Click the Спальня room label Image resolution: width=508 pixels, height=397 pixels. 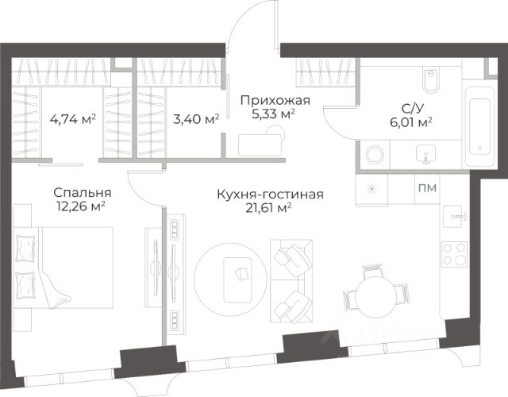pos(82,192)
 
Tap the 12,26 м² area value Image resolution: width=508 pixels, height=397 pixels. pos(82,206)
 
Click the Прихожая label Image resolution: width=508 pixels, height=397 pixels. pos(275,99)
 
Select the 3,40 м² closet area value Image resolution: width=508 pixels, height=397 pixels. pos(196,121)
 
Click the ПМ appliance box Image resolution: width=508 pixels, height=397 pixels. pos(425,189)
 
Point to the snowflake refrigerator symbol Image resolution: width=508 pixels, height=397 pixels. pos(373,189)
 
